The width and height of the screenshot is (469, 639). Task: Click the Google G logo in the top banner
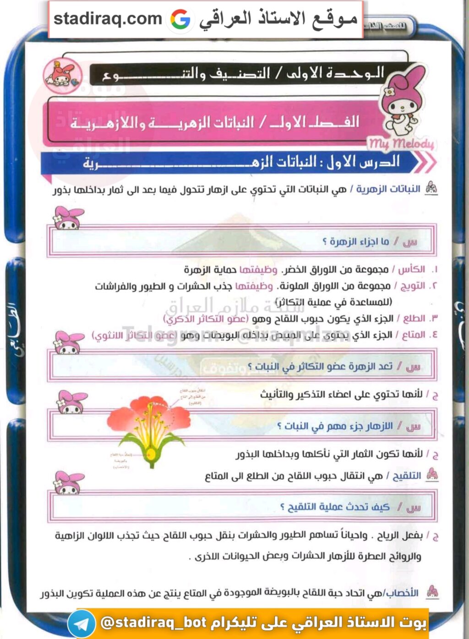point(180,19)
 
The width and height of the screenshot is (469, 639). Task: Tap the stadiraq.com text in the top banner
point(108,19)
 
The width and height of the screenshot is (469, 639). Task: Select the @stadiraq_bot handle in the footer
point(154,623)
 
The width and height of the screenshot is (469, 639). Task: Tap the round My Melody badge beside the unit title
point(63,76)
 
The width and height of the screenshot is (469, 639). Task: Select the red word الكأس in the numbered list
point(411,269)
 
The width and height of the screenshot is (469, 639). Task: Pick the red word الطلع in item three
point(414,318)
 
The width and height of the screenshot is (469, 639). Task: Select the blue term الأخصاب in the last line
point(402,593)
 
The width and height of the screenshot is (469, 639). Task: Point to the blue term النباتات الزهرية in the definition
point(388,189)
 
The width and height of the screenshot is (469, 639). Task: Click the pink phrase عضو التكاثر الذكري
point(205,319)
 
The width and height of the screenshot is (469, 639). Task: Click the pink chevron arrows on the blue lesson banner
point(425,162)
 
